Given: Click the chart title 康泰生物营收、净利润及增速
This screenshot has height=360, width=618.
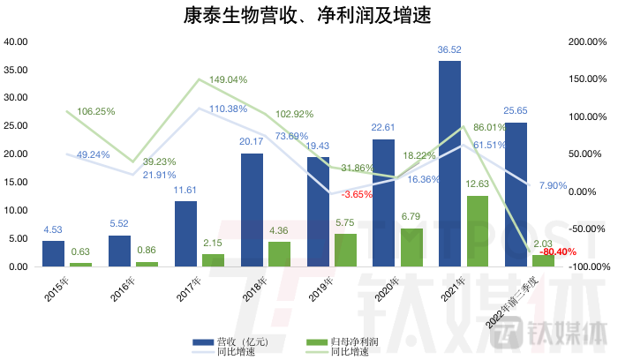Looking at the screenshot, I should (x=308, y=17).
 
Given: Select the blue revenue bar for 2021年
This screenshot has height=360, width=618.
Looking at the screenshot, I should (x=449, y=163).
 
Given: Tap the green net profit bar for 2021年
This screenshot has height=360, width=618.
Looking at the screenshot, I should (x=478, y=230).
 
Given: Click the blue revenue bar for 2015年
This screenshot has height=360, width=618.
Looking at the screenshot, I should (x=53, y=253).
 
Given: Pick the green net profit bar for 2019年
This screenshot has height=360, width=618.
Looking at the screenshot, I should (x=345, y=250).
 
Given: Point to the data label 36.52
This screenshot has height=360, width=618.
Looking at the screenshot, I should (x=450, y=51).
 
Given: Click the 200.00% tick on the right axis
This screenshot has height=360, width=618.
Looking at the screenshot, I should (x=586, y=41).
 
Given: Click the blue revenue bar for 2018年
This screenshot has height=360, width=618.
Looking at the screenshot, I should (x=252, y=209).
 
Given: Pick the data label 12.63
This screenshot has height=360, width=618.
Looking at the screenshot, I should (x=478, y=184).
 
